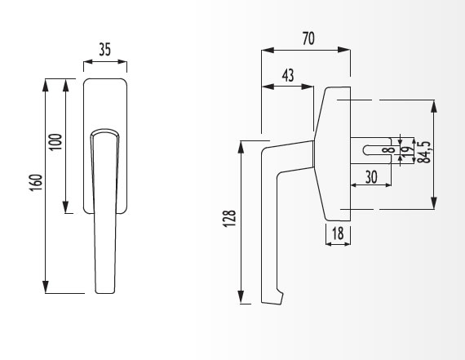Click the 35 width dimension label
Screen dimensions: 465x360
(x=105, y=49)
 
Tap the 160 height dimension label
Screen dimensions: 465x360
(x=37, y=182)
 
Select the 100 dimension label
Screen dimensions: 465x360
(x=55, y=142)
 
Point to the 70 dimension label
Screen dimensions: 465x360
(x=308, y=38)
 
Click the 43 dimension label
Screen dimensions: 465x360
(x=288, y=75)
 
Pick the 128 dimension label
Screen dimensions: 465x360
(x=229, y=219)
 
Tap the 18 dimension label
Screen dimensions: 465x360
(x=338, y=233)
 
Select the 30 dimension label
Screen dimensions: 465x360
(x=371, y=177)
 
